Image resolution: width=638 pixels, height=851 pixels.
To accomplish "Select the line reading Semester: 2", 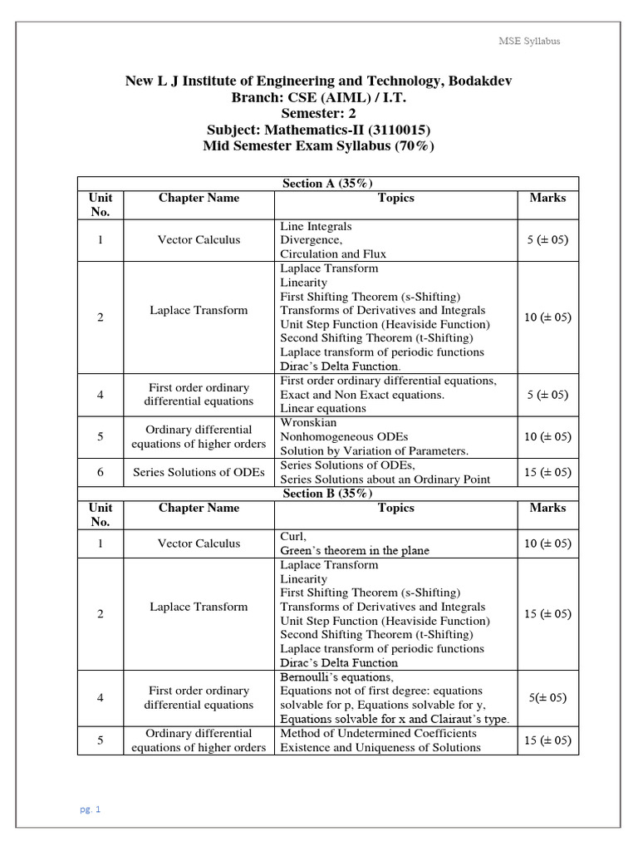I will click(318, 114).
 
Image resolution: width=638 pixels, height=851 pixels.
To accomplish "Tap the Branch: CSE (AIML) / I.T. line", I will click(318, 97).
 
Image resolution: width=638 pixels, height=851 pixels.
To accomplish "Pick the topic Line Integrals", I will click(316, 226).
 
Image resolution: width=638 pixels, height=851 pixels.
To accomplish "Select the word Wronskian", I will click(309, 422).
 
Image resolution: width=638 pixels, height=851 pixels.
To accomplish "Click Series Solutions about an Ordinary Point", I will click(385, 480).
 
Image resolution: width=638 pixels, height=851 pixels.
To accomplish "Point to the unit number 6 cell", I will click(101, 472).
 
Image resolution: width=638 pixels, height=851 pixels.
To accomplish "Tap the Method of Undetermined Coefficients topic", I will click(379, 733).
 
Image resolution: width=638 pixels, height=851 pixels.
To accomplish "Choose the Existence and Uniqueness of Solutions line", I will click(380, 747).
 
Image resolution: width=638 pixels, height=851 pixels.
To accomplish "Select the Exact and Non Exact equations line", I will click(362, 395).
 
